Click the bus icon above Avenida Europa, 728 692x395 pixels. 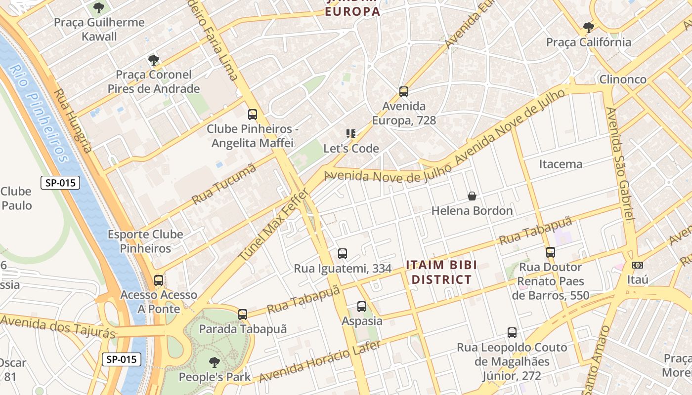click(x=404, y=91)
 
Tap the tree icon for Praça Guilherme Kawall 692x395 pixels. click(x=99, y=7)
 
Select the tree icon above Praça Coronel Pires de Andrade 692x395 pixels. click(x=154, y=60)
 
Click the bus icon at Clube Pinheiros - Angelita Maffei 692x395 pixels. click(x=253, y=115)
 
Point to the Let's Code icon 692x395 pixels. click(x=351, y=133)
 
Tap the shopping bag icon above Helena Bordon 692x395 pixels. click(x=472, y=196)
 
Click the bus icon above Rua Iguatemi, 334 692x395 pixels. click(x=343, y=254)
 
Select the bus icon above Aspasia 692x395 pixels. click(x=362, y=306)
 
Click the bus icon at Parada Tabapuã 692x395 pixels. click(x=243, y=314)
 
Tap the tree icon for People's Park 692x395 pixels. click(x=215, y=362)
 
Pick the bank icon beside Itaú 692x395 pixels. click(x=638, y=265)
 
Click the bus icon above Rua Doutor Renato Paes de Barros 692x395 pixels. click(x=551, y=252)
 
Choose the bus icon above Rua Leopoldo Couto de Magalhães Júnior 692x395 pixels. click(x=512, y=333)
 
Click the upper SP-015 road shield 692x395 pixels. click(x=60, y=183)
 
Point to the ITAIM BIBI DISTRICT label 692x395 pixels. click(x=441, y=272)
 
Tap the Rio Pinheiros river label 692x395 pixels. click(x=40, y=114)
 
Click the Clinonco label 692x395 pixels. click(x=623, y=79)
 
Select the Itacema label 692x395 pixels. click(x=561, y=164)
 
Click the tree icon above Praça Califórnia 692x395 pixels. click(x=588, y=27)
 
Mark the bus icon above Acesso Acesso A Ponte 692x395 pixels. click(x=159, y=280)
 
